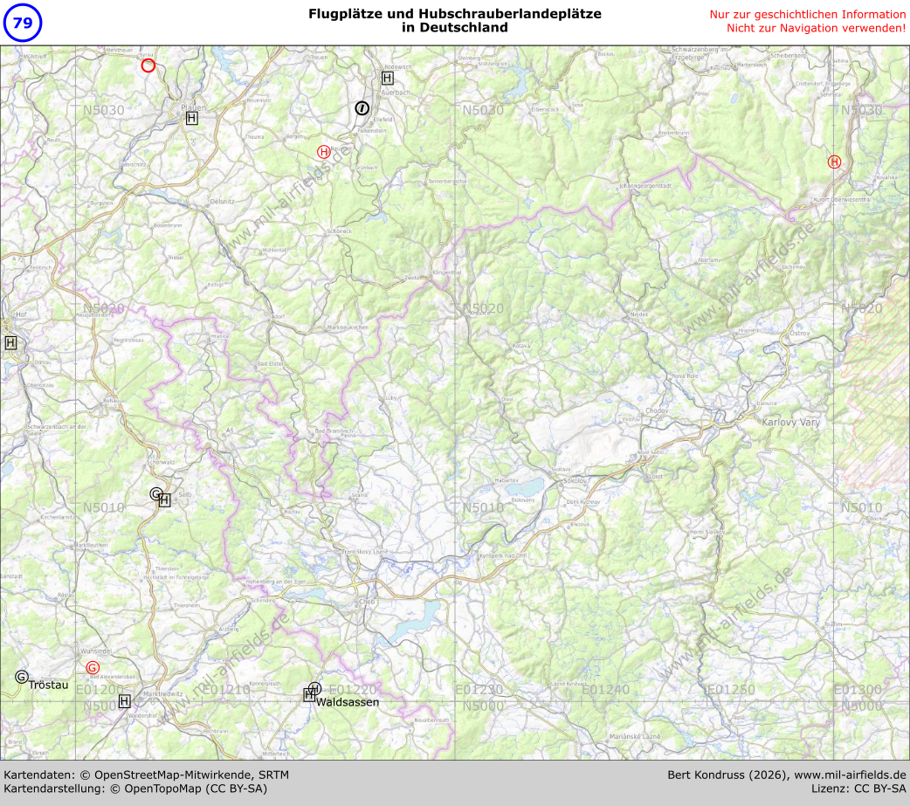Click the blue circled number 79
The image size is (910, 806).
(23, 24)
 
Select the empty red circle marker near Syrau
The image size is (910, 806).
(148, 65)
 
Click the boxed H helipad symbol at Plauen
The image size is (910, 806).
(191, 118)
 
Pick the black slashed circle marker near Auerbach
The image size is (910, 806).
(362, 108)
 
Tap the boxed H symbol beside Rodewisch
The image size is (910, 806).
(387, 78)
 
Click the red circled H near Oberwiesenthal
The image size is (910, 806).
(834, 162)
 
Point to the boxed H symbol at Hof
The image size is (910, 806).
(10, 342)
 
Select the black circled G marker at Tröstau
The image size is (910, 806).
(22, 677)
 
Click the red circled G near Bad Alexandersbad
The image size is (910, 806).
(93, 668)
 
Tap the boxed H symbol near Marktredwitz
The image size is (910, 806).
(124, 700)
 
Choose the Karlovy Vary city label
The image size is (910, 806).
(791, 422)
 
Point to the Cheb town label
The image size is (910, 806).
(366, 602)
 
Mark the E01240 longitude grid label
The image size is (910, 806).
(605, 690)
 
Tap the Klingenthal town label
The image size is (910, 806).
(447, 273)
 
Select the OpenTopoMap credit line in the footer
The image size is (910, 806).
(135, 789)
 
